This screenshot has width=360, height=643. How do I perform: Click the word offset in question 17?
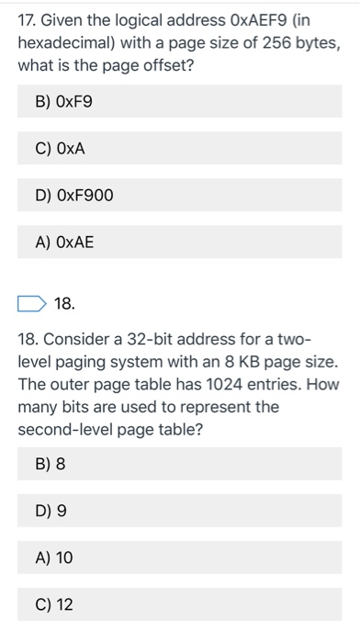click(157, 67)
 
